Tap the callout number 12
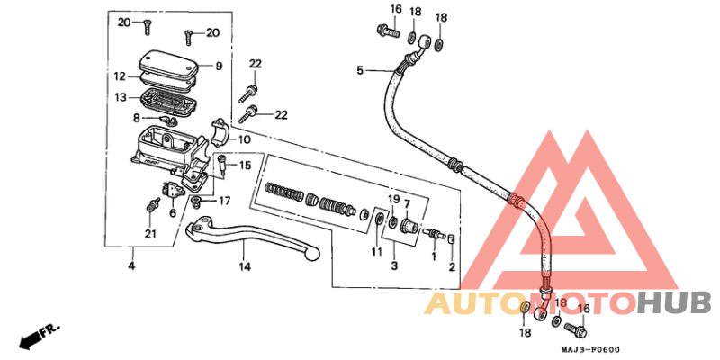point(120,76)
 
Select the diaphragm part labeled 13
point(168,101)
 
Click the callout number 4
point(131,265)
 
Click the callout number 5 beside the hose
point(360,70)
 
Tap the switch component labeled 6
point(172,190)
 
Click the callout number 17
point(224,201)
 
